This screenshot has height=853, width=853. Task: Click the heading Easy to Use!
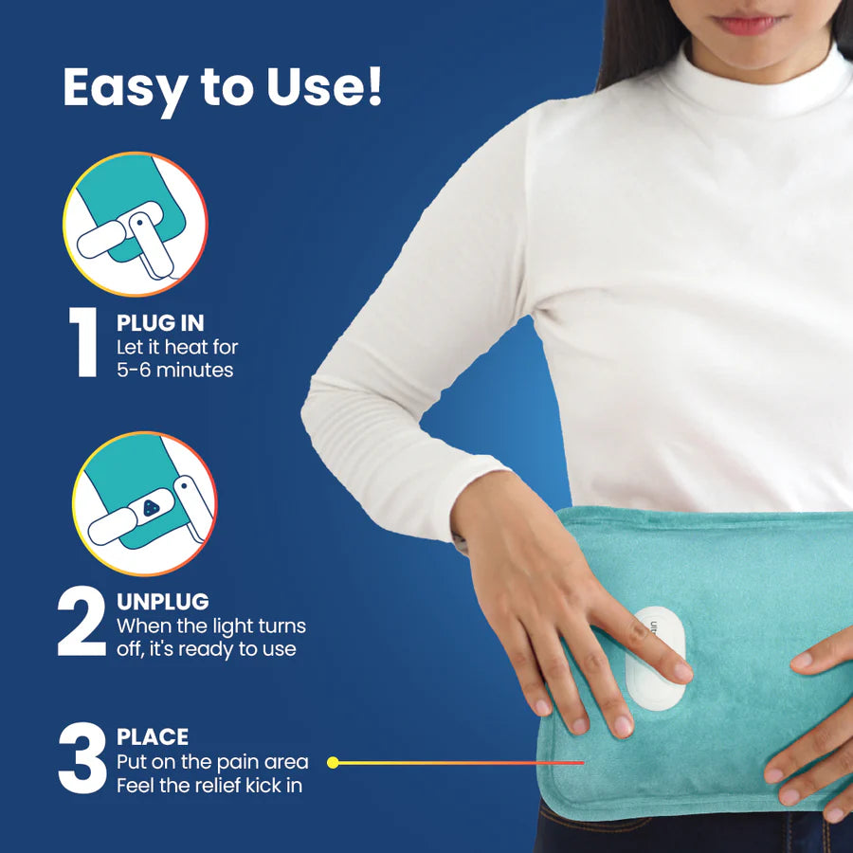pos(223,87)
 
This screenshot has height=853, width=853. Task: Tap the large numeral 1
pos(83,342)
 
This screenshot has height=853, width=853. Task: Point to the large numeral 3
pos(80,759)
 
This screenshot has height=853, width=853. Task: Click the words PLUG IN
pos(159,322)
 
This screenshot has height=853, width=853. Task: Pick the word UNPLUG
pos(163,601)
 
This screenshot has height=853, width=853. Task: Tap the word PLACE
pos(153,736)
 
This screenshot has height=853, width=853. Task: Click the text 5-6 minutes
pos(175,370)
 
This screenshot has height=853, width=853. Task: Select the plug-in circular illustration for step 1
pos(135,224)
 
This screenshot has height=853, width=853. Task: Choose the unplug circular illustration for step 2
pos(144,504)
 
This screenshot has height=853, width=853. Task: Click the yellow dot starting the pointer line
pos(333,761)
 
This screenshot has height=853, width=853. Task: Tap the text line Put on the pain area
pos(212,762)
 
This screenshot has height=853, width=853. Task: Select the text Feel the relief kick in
pos(209,785)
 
